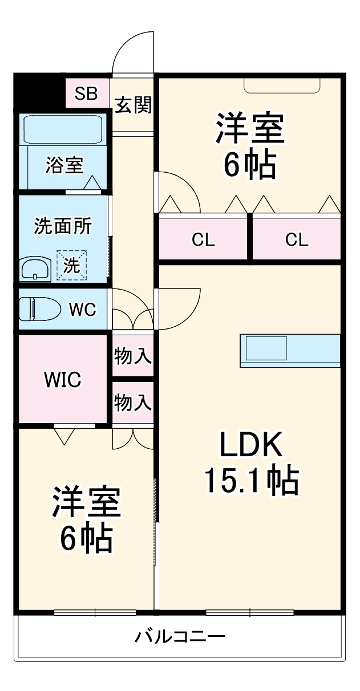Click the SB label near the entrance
(x=87, y=93)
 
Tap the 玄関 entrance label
(x=133, y=105)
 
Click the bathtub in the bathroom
(x=63, y=130)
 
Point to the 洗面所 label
(x=63, y=226)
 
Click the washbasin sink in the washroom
(x=36, y=269)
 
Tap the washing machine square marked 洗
(x=71, y=266)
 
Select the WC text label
(x=83, y=310)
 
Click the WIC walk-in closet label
(x=63, y=380)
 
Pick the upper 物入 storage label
(x=133, y=357)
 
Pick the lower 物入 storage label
(x=133, y=403)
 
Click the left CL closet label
(x=203, y=240)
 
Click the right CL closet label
(x=297, y=240)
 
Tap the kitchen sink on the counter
(x=266, y=348)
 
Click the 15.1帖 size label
(x=251, y=482)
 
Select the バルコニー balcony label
(x=180, y=636)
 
